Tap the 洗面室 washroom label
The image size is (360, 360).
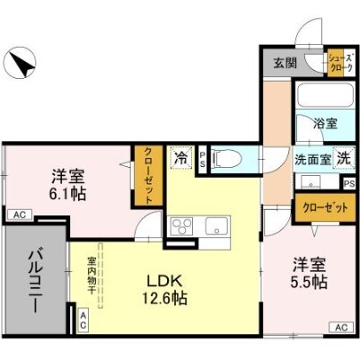tap(312, 157)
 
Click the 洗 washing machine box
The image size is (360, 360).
tap(341, 156)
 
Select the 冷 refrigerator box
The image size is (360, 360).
tap(180, 158)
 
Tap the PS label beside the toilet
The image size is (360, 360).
tap(203, 159)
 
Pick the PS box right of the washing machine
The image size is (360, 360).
tap(347, 183)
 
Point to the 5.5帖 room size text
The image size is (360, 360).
tap(308, 273)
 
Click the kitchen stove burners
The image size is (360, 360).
tap(180, 224)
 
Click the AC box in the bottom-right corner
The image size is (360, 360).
tap(340, 328)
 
